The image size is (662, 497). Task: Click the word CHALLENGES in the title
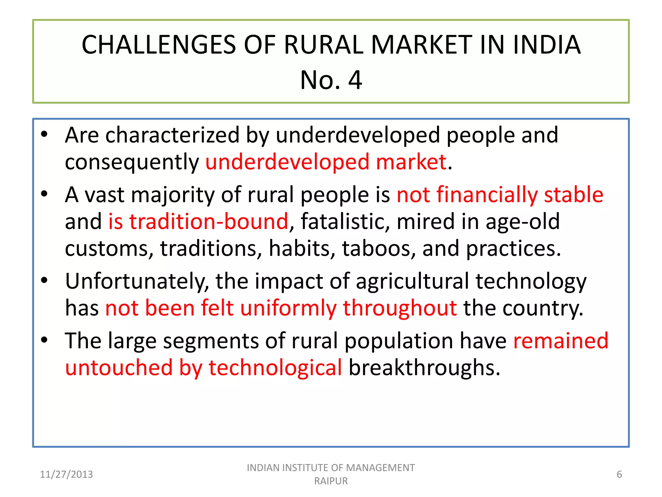[x=159, y=45]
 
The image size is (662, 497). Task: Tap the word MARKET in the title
[x=422, y=45]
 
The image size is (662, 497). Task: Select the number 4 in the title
[x=355, y=80]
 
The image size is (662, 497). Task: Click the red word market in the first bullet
[x=411, y=162]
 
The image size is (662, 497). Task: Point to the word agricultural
[x=412, y=281]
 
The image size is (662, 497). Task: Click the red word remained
[x=561, y=341]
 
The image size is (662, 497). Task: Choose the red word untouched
[x=119, y=368]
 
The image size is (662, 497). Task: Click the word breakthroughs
[x=424, y=368]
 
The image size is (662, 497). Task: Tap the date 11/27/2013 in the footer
[x=66, y=474]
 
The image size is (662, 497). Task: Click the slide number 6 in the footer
[x=619, y=474]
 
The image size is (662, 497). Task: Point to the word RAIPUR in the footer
[x=331, y=481]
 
